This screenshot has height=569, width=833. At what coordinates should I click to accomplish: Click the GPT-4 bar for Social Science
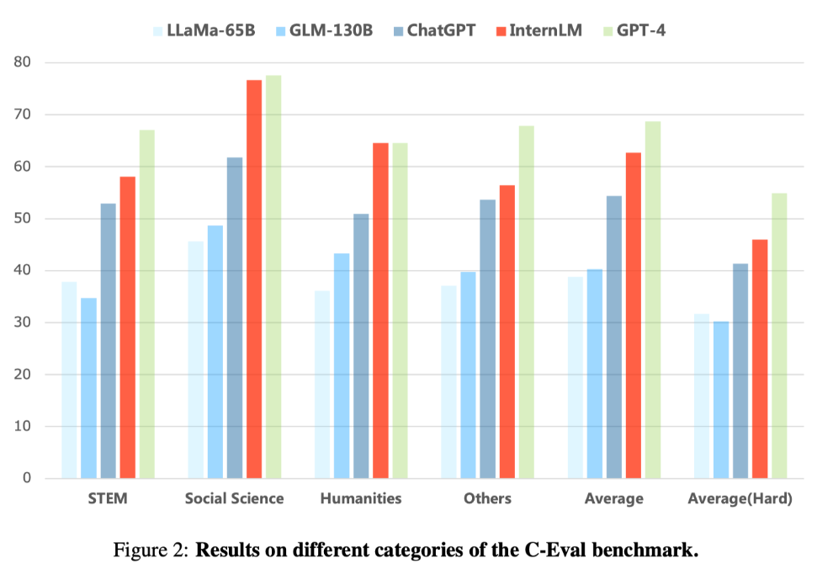click(x=273, y=278)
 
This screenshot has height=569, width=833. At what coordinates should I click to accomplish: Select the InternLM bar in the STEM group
click(x=127, y=328)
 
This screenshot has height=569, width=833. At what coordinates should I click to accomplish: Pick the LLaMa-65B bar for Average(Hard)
click(x=702, y=396)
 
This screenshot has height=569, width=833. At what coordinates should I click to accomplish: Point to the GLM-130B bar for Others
click(x=468, y=375)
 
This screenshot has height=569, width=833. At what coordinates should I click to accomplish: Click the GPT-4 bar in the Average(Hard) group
click(x=779, y=337)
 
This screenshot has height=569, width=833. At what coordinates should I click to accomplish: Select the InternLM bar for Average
click(x=634, y=316)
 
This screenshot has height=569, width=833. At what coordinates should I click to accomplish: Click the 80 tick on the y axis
click(x=22, y=62)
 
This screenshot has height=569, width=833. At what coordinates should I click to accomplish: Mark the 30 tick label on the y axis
click(x=22, y=322)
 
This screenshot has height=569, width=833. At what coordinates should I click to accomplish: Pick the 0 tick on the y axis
click(x=26, y=478)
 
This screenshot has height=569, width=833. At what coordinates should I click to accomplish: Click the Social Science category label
click(x=235, y=498)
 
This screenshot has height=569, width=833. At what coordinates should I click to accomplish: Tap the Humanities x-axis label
click(x=361, y=498)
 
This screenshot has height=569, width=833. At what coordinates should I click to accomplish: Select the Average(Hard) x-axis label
click(x=740, y=498)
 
